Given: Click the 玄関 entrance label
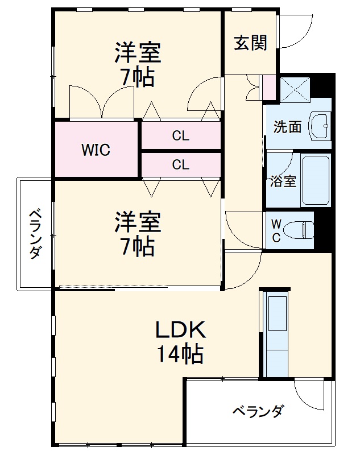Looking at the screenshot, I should coord(251,43).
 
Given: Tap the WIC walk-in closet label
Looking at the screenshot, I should coord(96,151).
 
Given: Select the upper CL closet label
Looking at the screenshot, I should coord(181,136).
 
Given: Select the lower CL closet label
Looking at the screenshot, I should coord(181,165).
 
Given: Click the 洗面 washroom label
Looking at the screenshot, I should coord(287,127).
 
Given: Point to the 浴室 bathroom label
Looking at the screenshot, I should coord(283,181).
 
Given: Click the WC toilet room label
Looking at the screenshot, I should coord(275,230).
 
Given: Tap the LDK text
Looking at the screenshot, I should coord(180,330).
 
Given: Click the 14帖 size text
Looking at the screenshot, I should coord(180,355).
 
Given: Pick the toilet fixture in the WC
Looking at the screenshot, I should coord(302,230).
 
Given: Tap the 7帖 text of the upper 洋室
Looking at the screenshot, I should coord(138,77).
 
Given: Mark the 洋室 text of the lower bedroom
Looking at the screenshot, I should coord(138,221).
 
